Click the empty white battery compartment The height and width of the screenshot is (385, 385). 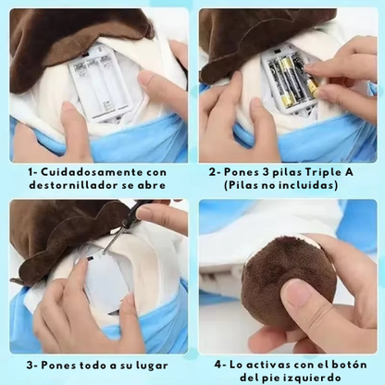tap(99, 81)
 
